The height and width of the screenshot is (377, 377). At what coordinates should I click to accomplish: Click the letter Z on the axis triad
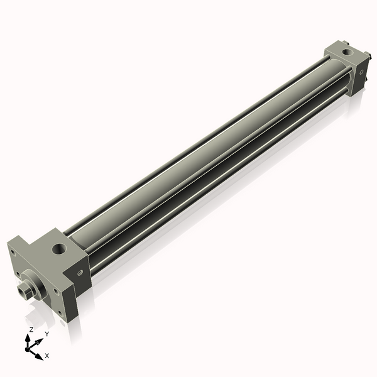(31, 329)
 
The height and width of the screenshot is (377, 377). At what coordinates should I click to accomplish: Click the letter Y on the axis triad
(47, 334)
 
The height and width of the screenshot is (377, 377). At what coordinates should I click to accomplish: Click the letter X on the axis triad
(46, 356)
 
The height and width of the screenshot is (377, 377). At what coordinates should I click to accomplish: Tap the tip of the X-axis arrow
(41, 356)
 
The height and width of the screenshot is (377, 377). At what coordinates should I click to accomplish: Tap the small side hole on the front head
(80, 272)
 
